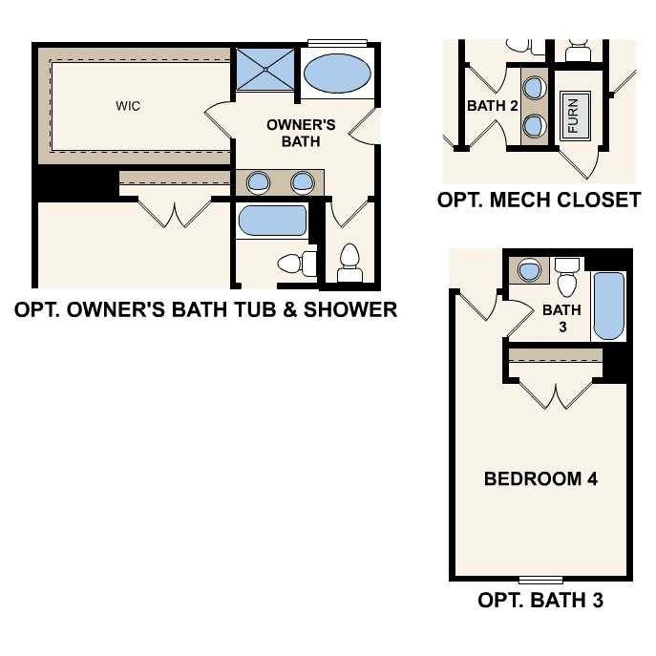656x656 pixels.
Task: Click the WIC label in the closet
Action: tap(128, 106)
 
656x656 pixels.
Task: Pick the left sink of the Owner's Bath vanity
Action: tap(257, 181)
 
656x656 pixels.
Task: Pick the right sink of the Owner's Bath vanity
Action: tap(303, 181)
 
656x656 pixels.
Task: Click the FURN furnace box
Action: tap(573, 116)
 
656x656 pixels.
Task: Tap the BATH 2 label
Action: tap(492, 106)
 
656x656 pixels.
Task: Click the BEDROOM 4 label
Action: tap(540, 478)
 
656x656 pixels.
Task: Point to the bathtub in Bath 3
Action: tap(608, 306)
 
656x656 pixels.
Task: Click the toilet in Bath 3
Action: tap(567, 280)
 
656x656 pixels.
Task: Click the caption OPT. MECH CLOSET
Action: tap(539, 201)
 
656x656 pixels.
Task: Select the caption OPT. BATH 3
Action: tap(540, 601)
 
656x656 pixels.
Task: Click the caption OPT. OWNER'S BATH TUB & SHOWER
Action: tap(205, 309)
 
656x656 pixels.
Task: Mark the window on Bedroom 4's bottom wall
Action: tap(540, 580)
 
